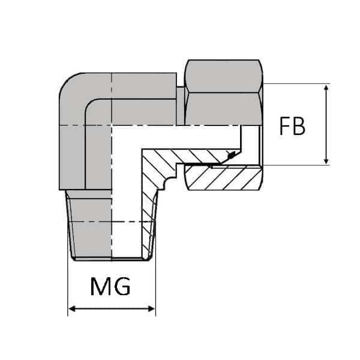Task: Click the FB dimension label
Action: [293, 127]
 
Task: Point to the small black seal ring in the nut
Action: [229, 157]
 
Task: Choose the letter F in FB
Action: [286, 127]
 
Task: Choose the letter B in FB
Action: [299, 127]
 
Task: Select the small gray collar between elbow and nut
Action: [181, 105]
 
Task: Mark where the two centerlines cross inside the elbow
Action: [110, 125]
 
